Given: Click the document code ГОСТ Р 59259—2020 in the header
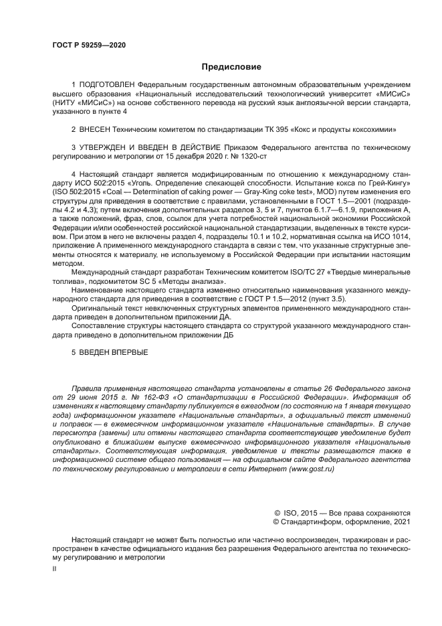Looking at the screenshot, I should click(x=89, y=45).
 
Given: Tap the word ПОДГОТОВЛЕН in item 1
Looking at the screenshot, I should click(x=107, y=85).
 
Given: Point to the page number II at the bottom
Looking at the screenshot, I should click(x=55, y=568).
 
